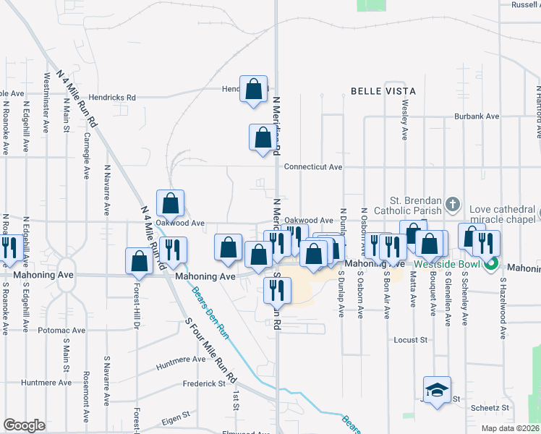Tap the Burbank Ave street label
(x=477, y=116)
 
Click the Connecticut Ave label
(x=312, y=166)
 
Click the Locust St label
(x=412, y=339)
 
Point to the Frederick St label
(x=205, y=383)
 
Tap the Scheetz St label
(x=490, y=408)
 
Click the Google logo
(x=25, y=425)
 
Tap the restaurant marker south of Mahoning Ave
(x=277, y=289)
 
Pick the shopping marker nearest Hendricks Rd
(x=254, y=90)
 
